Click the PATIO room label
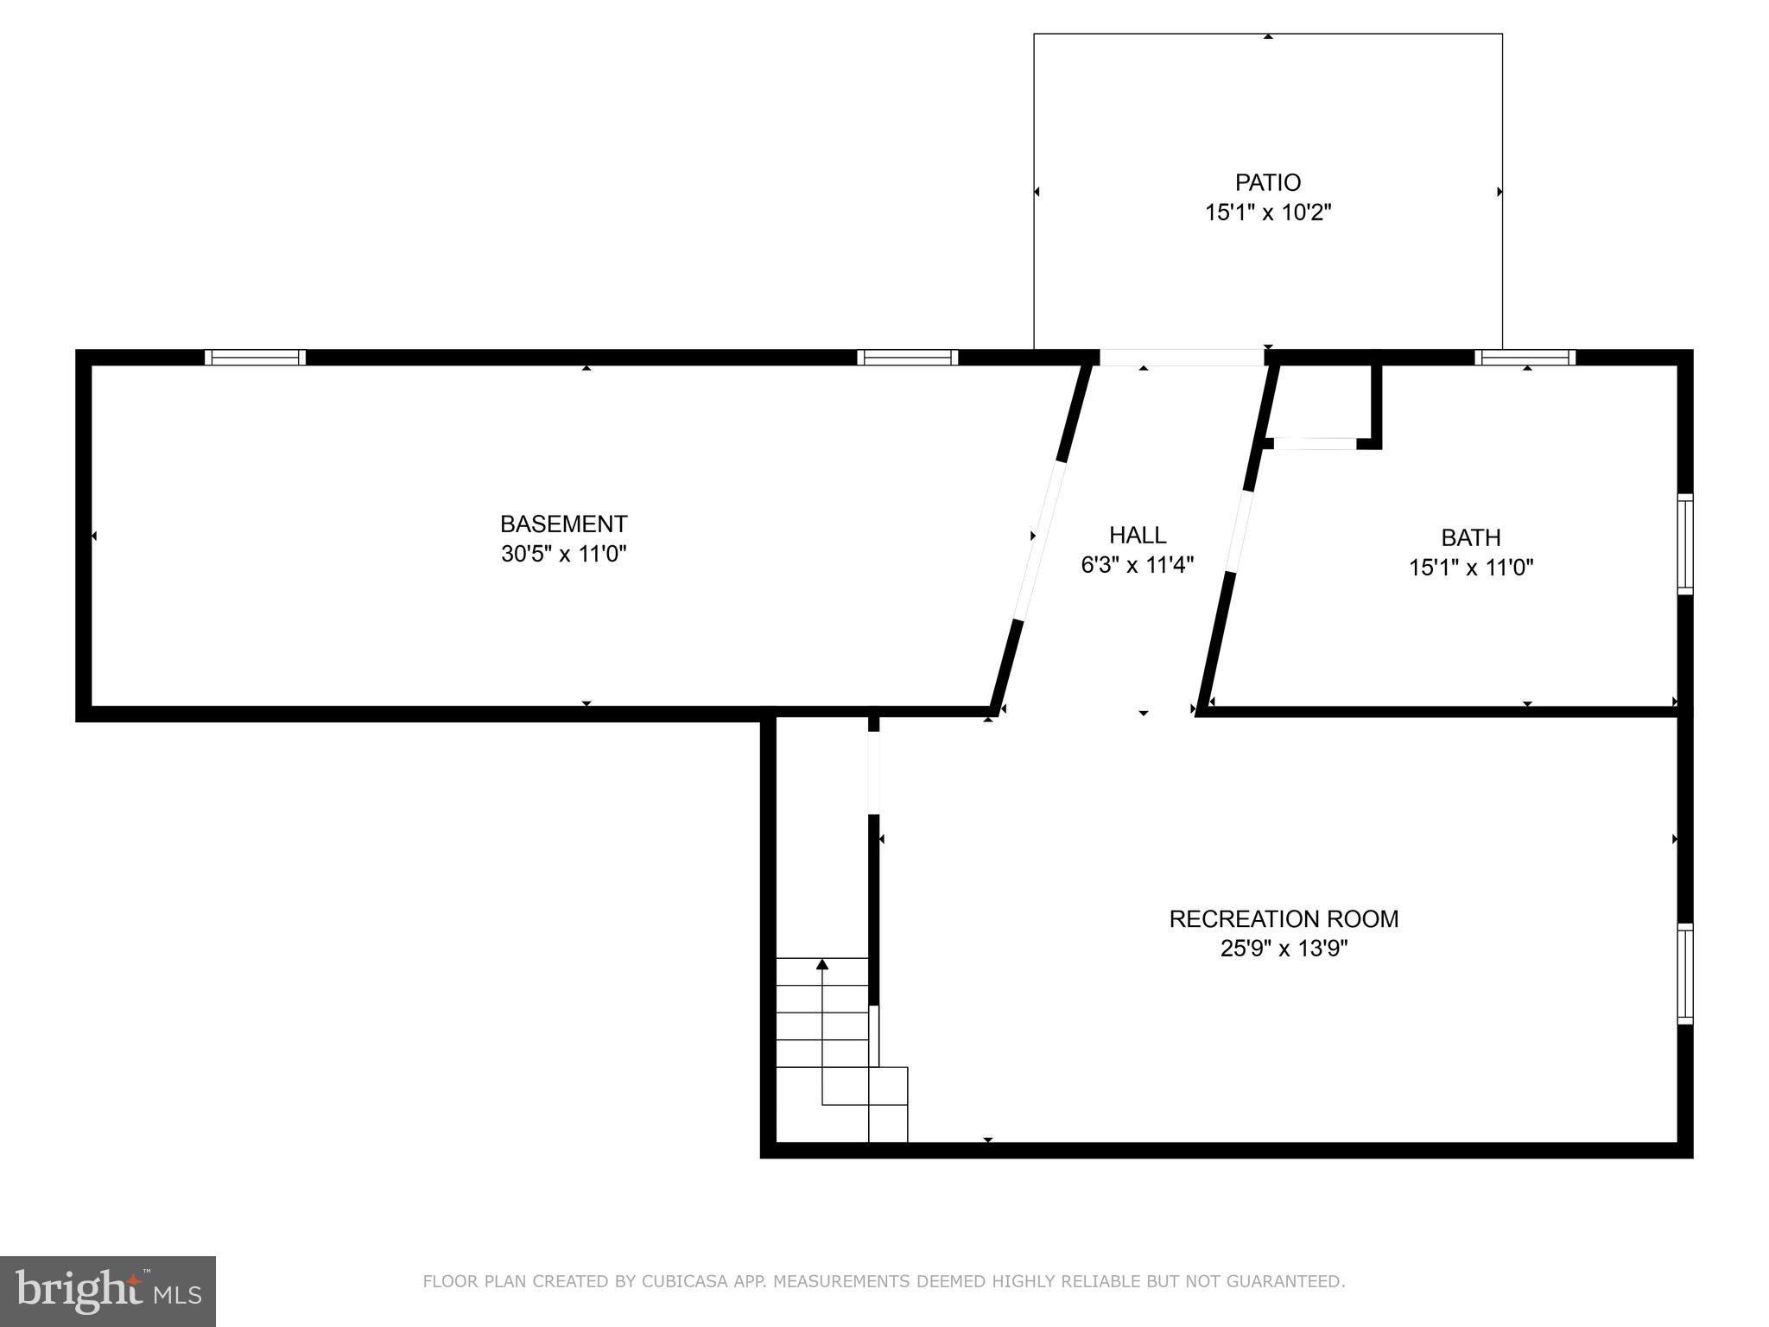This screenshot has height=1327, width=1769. pyautogui.click(x=1267, y=182)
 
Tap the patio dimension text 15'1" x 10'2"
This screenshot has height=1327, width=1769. pyautogui.click(x=1268, y=213)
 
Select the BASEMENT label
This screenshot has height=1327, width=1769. pyautogui.click(x=563, y=524)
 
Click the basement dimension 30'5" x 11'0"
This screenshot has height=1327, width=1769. pyautogui.click(x=563, y=554)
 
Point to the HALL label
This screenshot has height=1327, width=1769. pyautogui.click(x=1138, y=535)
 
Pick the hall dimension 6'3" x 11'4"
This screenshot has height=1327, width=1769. pyautogui.click(x=1138, y=565)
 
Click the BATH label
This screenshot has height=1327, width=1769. pyautogui.click(x=1471, y=537)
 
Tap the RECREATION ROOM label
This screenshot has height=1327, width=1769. pyautogui.click(x=1284, y=918)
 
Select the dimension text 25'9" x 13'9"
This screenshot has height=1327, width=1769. pyautogui.click(x=1284, y=949)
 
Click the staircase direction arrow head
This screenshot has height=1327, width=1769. pyautogui.click(x=822, y=963)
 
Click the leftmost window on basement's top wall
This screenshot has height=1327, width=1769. pyautogui.click(x=255, y=358)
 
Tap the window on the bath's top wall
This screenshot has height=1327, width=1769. pyautogui.click(x=1525, y=358)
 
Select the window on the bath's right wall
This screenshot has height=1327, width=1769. pyautogui.click(x=1685, y=543)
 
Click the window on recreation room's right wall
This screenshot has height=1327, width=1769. pyautogui.click(x=1685, y=974)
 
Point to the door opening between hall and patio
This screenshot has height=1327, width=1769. pyautogui.click(x=1181, y=358)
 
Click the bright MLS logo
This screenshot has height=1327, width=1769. pyautogui.click(x=107, y=1291)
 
